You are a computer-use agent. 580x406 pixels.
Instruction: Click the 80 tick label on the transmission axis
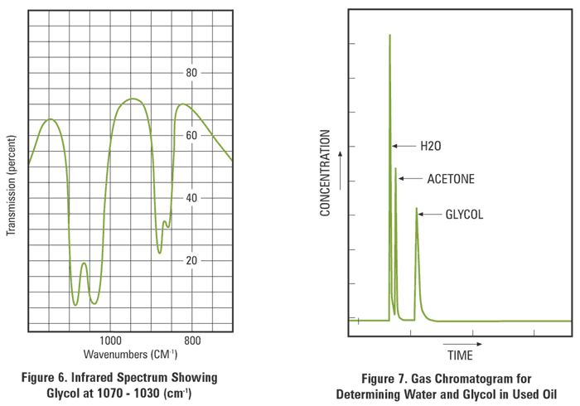point(191,73)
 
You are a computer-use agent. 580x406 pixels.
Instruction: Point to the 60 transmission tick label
point(191,135)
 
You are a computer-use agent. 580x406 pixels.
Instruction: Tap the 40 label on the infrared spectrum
point(191,198)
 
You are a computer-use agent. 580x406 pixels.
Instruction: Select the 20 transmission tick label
point(191,260)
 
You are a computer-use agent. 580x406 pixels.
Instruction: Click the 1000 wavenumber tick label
point(111,341)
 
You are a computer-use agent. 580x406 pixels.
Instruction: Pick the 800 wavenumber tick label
point(192,341)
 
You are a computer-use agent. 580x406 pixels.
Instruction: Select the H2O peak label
point(430,146)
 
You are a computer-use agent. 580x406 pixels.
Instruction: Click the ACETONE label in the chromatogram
point(451,179)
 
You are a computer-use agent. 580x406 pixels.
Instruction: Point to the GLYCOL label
point(464,215)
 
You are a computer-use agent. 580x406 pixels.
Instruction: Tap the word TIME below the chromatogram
point(461,356)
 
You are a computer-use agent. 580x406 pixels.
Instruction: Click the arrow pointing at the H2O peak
point(404,146)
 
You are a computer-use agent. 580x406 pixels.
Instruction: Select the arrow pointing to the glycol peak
point(430,215)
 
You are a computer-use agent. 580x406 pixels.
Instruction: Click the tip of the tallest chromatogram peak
point(389,35)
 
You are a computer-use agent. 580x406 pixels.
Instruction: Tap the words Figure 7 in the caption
point(376,379)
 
